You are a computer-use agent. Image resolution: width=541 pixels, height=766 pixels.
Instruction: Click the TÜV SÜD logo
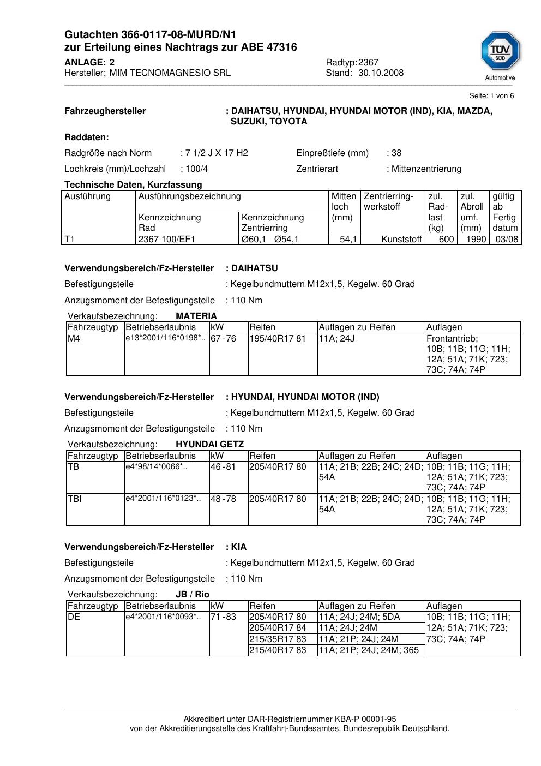pyautogui.click(x=500, y=51)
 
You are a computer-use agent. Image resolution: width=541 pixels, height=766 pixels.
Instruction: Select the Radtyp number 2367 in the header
pyautogui.click(x=369, y=63)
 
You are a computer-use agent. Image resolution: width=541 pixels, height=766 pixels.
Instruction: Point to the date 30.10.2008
pyautogui.click(x=381, y=73)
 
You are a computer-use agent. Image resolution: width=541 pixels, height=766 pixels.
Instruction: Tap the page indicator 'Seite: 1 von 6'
pyautogui.click(x=491, y=96)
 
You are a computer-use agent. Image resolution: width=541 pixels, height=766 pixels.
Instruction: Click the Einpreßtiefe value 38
pyautogui.click(x=396, y=153)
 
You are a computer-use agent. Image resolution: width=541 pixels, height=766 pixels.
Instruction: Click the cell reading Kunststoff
pyautogui.click(x=402, y=240)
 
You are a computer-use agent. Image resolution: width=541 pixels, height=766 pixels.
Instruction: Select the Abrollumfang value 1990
pyautogui.click(x=476, y=240)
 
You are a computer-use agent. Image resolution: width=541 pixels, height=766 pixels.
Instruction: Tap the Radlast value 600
pyautogui.click(x=446, y=240)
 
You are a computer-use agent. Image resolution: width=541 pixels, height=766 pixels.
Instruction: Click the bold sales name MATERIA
pyautogui.click(x=196, y=316)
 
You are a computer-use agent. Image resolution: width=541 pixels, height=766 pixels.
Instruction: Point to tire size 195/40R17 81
pyautogui.click(x=278, y=339)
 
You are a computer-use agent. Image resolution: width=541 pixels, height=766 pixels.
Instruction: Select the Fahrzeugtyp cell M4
pyautogui.click(x=74, y=339)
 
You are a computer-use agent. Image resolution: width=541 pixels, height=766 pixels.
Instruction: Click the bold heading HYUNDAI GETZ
pyautogui.click(x=210, y=445)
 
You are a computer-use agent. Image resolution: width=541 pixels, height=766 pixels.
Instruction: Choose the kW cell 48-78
pyautogui.click(x=223, y=499)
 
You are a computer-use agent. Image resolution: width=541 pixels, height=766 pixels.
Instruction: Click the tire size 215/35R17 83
pyautogui.click(x=278, y=639)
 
